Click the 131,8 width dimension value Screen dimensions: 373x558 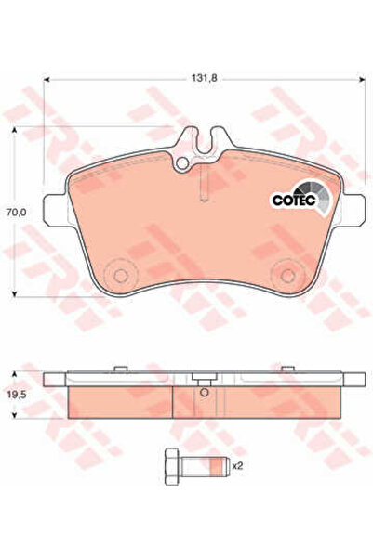click(205, 78)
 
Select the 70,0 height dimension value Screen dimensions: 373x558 click(17, 212)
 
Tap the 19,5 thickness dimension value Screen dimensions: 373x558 click(16, 395)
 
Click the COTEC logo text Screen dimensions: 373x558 click(294, 200)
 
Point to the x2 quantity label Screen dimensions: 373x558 click(237, 466)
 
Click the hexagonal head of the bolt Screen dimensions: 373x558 click(173, 466)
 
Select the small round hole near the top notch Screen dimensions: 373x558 click(182, 163)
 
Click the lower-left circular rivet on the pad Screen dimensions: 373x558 click(120, 275)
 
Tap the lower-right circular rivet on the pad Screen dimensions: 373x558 click(287, 275)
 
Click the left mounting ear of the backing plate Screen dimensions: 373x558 click(56, 210)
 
